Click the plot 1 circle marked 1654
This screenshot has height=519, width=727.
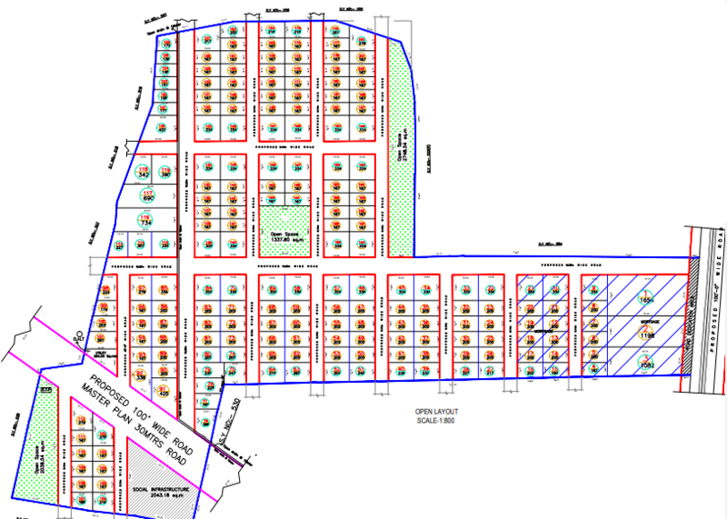(647, 296)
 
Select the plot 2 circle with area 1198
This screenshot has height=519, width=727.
(647, 333)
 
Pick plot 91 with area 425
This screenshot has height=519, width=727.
(164, 391)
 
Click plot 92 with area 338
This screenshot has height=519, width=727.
(141, 373)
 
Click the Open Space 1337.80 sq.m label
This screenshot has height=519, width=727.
(284, 235)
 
